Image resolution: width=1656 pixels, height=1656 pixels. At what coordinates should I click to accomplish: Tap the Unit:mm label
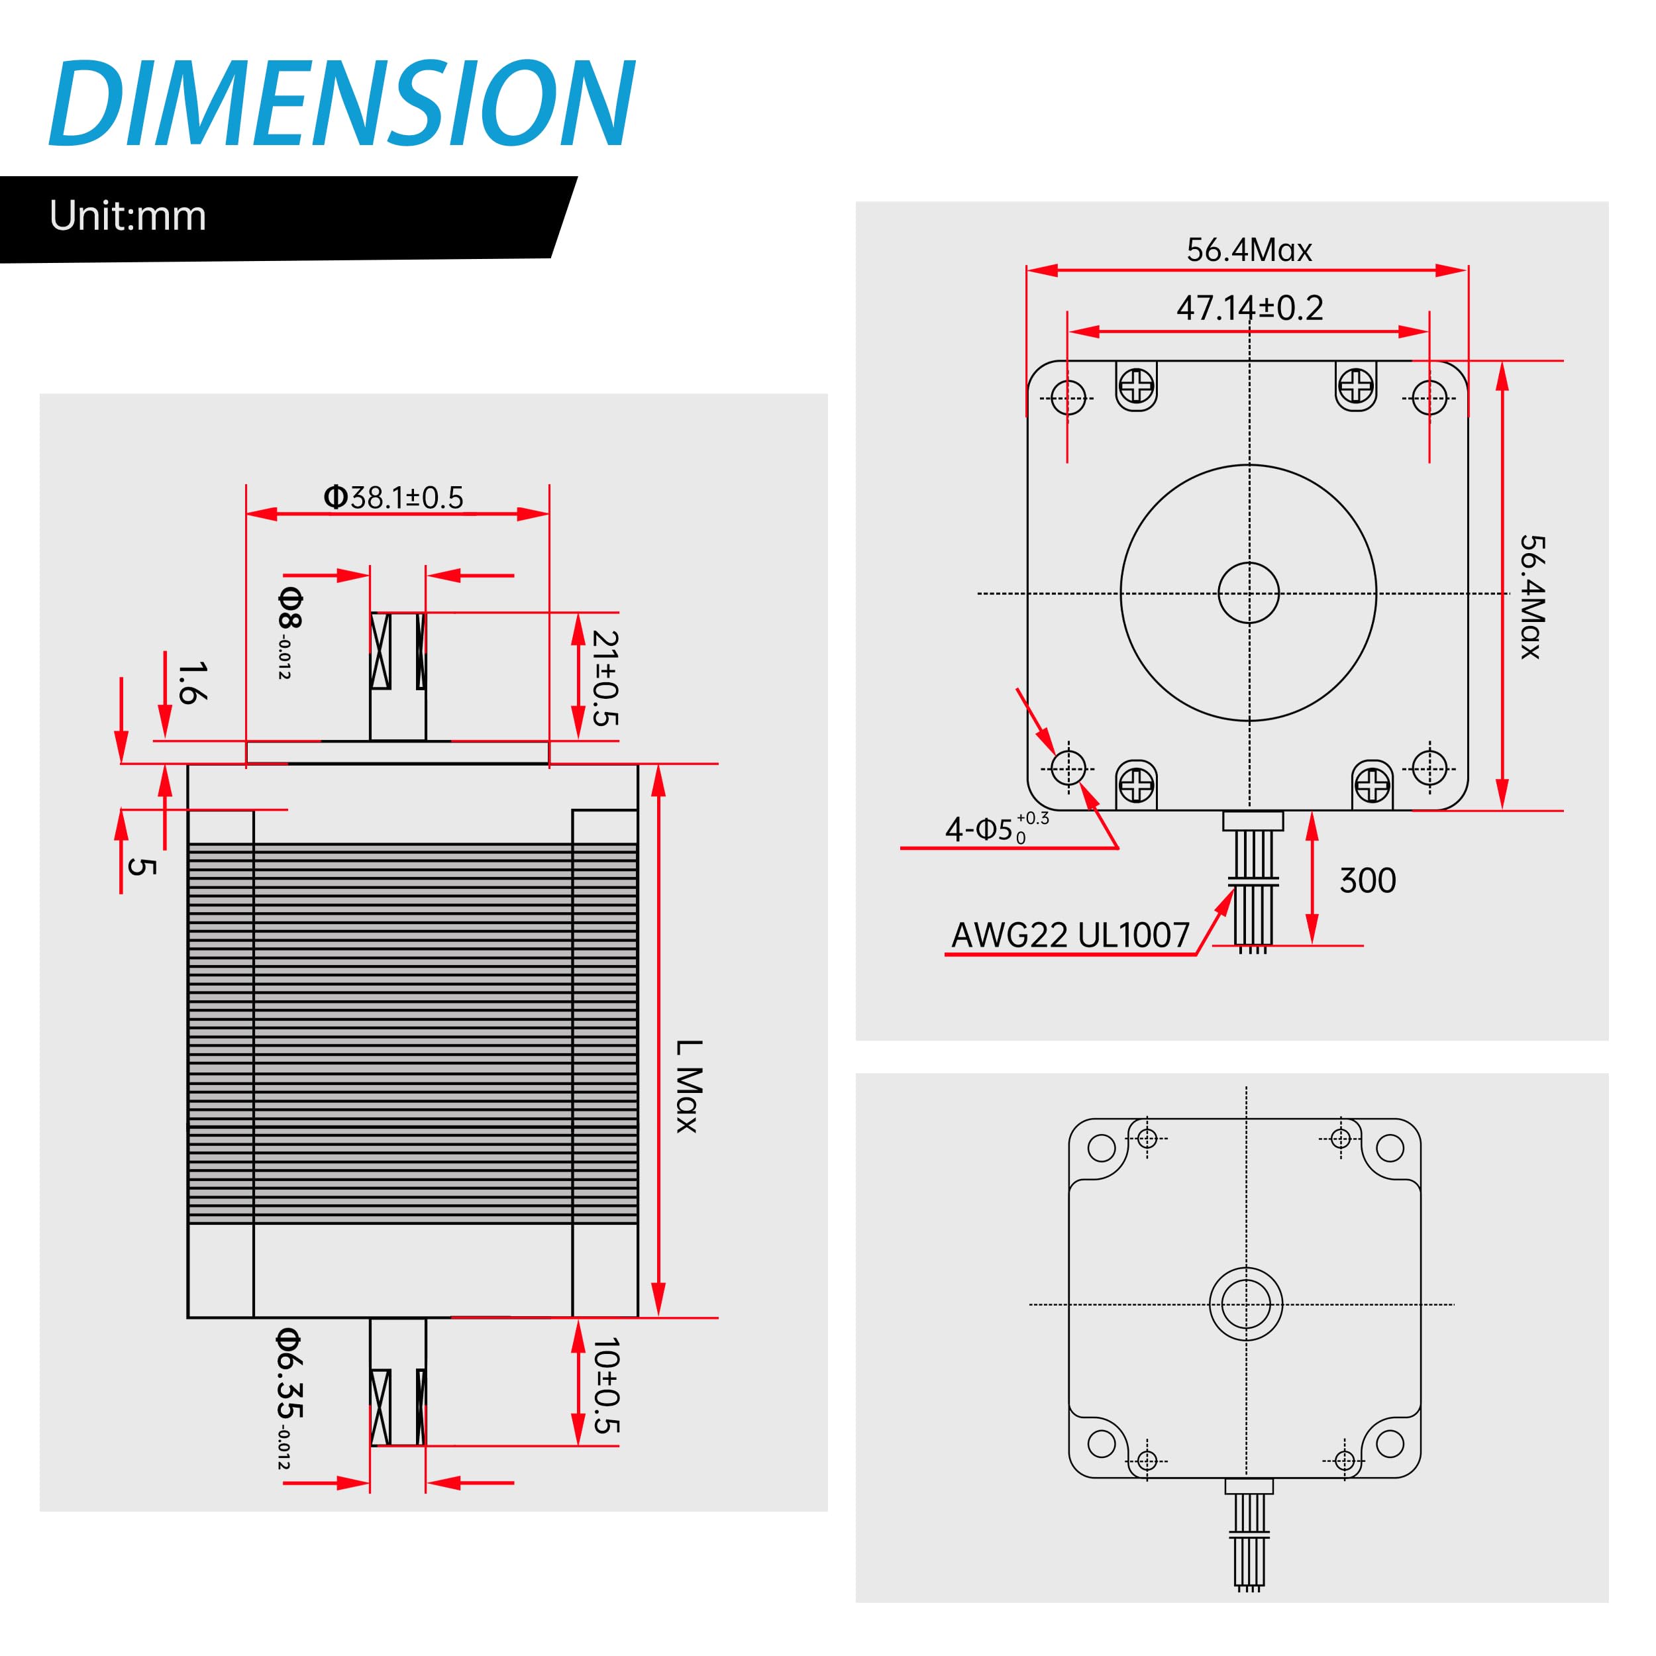pos(128,216)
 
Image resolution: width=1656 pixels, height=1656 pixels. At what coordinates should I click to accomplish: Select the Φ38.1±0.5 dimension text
pos(393,497)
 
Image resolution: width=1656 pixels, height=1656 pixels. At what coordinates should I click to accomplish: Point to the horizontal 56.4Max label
pos(1249,250)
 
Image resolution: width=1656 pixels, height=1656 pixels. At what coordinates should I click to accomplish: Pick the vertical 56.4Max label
pos(1531,597)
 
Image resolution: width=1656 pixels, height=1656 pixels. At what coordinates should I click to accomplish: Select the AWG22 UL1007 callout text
pos(1070,935)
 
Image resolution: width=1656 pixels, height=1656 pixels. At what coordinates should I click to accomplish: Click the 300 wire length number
pos(1367,881)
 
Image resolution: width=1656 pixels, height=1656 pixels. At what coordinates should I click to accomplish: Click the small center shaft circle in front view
pos(1248,593)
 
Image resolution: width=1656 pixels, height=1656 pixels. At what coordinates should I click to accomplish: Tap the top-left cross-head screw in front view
pos(1137,385)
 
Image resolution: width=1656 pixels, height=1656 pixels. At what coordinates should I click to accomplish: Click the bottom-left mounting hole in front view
pos(1068,767)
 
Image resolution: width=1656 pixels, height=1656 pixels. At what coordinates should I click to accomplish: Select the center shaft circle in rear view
pos(1245,1304)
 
